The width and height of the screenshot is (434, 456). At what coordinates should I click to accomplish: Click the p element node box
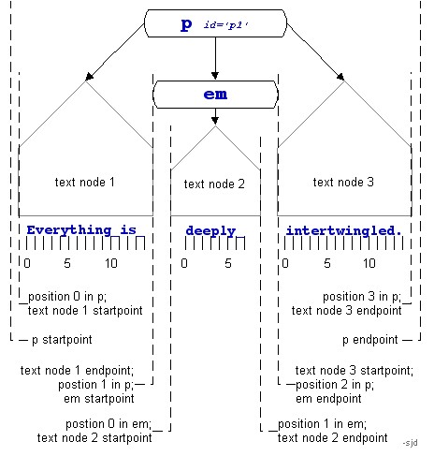tap(215, 24)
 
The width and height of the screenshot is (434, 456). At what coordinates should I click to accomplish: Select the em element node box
tap(215, 95)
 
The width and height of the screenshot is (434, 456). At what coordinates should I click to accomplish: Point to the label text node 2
tap(214, 184)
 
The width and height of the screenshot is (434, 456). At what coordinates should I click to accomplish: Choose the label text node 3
tap(342, 183)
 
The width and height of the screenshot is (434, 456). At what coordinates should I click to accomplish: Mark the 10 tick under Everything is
tap(110, 263)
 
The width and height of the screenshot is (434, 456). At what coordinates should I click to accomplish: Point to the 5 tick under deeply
tap(228, 263)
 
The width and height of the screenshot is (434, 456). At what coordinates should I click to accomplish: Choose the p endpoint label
tap(370, 339)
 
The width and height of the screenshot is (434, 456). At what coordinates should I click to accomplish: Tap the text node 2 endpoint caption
tap(333, 437)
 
